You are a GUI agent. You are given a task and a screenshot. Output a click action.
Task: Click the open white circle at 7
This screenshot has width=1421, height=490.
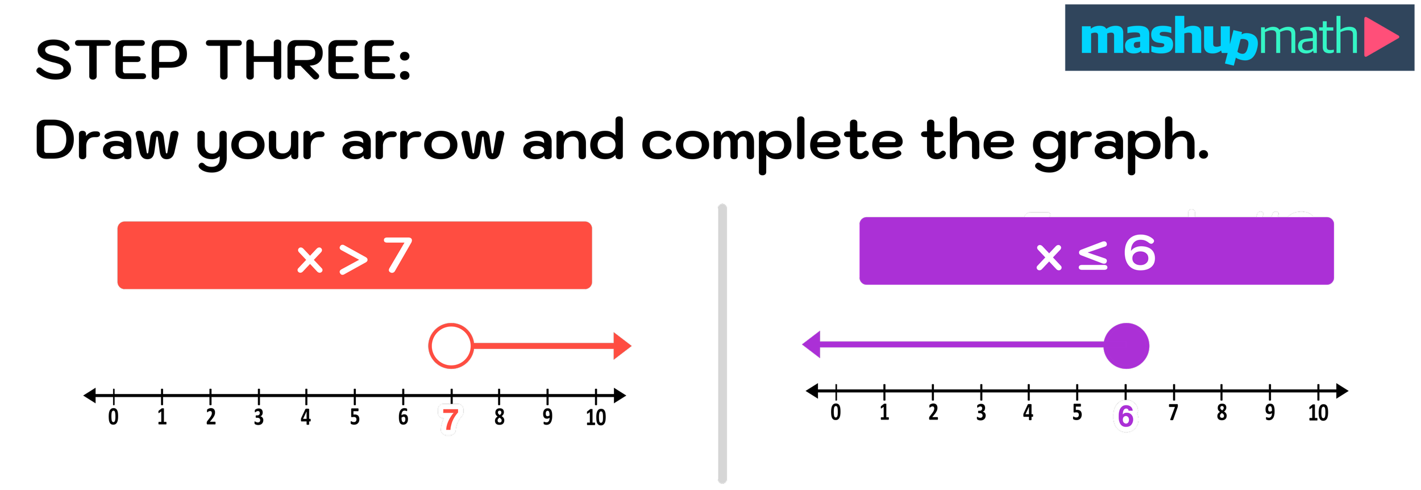(x=451, y=346)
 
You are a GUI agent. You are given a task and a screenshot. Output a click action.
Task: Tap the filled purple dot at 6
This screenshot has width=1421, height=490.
(x=1126, y=346)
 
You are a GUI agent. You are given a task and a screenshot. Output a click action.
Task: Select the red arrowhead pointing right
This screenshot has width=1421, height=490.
(x=621, y=346)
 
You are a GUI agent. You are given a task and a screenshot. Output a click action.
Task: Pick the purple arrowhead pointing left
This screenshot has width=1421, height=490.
(x=812, y=344)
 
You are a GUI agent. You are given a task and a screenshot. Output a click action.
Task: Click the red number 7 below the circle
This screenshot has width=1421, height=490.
(x=450, y=420)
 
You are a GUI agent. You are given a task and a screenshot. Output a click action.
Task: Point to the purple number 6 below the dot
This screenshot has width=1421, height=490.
(x=1125, y=416)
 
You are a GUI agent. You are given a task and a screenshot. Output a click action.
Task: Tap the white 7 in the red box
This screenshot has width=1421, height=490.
(x=398, y=255)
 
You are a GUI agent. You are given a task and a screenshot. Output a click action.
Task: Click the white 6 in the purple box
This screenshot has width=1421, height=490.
(x=1139, y=253)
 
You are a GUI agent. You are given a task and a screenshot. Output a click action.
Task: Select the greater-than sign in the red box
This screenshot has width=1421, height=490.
(x=354, y=260)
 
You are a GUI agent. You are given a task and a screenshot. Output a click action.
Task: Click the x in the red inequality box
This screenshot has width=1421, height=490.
(x=310, y=260)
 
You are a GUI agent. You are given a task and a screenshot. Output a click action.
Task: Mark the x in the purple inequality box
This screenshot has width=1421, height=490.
(x=1049, y=257)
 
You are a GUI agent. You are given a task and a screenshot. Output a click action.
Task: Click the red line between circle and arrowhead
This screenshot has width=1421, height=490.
(x=543, y=346)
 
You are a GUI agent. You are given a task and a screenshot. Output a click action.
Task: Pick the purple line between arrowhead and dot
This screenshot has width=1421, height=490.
(x=961, y=344)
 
